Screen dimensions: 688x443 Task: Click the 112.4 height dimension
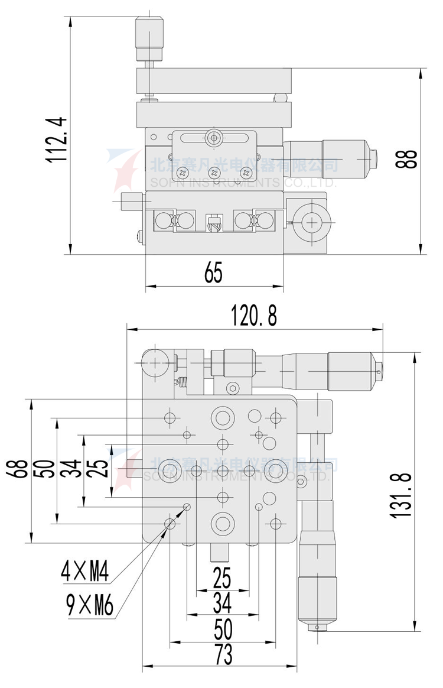58,139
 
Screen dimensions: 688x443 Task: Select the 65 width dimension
214,273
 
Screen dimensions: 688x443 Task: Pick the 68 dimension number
21,470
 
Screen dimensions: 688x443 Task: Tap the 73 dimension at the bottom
223,655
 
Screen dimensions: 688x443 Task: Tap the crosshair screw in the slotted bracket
213,138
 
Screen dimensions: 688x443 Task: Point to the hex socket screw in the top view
233,388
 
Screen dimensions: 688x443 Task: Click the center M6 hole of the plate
223,470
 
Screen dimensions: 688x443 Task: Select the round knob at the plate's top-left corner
153,362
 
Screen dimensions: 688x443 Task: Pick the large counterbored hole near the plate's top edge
223,418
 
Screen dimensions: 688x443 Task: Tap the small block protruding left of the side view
131,201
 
